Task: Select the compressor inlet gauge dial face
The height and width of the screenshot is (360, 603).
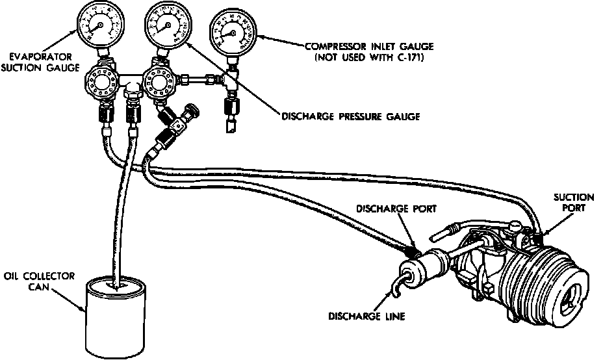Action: coord(231,31)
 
